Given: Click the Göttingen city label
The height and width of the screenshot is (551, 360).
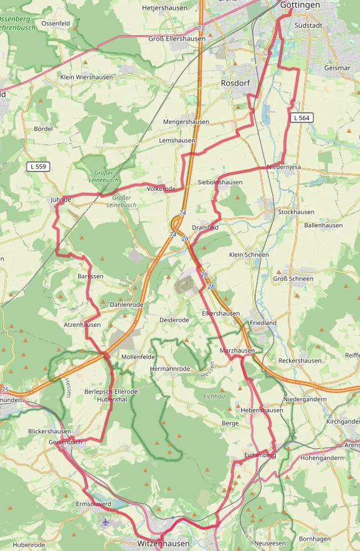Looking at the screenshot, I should coord(300,5).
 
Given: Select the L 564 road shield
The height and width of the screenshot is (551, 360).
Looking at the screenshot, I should coord(301,117).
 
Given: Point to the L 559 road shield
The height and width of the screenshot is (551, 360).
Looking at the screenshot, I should coord(38,166).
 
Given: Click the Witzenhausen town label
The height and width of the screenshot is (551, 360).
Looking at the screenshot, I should coord(164,543).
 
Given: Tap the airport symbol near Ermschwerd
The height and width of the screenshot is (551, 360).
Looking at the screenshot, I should coord(107,521).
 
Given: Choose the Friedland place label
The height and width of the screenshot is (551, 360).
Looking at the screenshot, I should coord(262,323).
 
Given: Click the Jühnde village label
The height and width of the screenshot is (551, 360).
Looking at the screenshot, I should coord(61,199).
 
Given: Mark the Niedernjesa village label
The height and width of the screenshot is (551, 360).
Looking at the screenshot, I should coord(283,167).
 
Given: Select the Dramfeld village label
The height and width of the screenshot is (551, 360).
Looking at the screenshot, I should coord(205,227).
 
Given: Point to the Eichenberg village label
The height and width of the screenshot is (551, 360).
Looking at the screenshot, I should coord(260,454).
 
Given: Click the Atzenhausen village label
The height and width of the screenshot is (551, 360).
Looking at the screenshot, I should coord(82,325).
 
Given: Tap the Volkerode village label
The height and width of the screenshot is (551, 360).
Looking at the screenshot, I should coord(161,189).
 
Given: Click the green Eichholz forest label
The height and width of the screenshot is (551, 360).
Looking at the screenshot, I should coord(215,397).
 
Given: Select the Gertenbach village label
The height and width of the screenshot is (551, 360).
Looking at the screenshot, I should coord(65,442).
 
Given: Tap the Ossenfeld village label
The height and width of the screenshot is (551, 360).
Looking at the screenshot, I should coord(55,23).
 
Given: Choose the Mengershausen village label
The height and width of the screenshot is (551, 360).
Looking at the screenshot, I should coord(186,122).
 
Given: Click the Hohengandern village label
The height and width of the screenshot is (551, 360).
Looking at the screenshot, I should coord(322,458).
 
